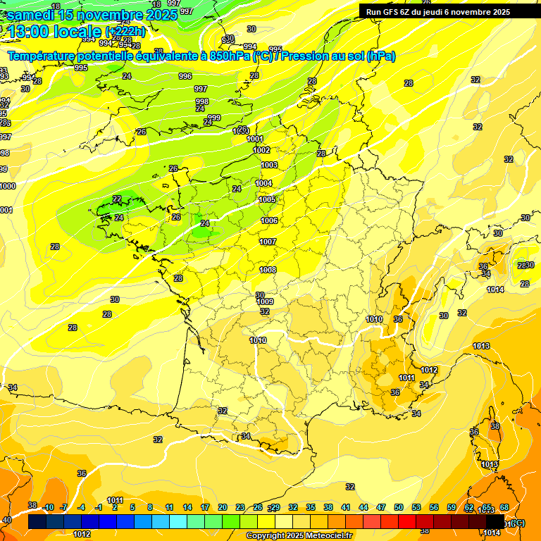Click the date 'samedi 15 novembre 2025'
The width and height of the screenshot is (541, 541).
92,14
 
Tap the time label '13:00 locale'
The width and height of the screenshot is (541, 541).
54,31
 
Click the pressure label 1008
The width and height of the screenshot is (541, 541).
268,270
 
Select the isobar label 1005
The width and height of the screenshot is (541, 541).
267,199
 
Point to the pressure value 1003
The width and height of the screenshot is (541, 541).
269,165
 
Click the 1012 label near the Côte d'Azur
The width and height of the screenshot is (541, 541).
429,370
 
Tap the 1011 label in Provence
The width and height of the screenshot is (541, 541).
406,378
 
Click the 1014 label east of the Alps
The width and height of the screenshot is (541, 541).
495,290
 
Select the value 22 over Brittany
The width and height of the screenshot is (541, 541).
117,199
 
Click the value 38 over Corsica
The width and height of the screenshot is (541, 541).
495,426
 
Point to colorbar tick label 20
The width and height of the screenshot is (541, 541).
223,507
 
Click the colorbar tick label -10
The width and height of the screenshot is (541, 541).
49,507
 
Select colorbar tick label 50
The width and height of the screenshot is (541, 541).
399,507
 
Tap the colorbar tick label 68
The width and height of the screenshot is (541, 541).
504,507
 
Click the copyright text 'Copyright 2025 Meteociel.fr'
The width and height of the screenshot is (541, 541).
299,535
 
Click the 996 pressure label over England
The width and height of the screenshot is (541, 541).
185,76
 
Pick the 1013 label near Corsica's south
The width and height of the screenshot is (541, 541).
490,464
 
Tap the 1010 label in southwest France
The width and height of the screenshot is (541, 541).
258,340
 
